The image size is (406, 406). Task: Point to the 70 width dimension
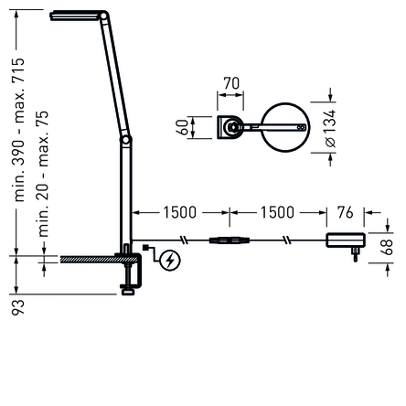[231, 84]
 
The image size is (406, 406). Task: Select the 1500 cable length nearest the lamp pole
[179, 213]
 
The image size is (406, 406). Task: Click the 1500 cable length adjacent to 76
[277, 213]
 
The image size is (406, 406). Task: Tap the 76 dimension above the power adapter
[345, 213]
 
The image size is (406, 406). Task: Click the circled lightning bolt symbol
[170, 262]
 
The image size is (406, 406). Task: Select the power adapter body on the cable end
[346, 240]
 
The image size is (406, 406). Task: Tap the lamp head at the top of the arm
[79, 16]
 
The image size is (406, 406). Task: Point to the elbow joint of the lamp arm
[127, 139]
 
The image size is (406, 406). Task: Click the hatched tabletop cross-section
[87, 260]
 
